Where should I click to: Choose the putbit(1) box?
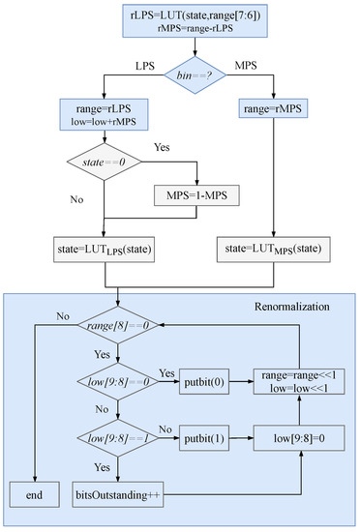click(204, 439)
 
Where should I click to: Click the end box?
click(34, 494)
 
